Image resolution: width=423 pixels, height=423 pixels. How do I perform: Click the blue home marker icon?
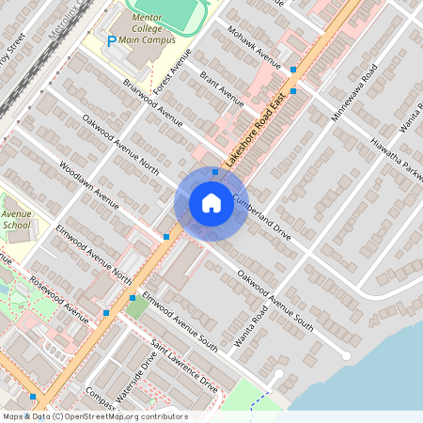point(211,203)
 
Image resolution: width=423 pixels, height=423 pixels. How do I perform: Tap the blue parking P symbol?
point(112,41)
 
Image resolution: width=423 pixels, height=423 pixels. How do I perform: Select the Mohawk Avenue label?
point(254,47)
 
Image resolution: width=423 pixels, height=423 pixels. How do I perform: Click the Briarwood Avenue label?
point(152,102)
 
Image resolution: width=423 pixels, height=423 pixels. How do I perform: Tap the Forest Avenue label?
point(172,70)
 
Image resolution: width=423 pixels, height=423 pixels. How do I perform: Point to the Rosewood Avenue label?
point(58,300)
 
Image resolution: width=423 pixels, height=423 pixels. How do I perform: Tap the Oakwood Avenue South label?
point(274,300)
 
